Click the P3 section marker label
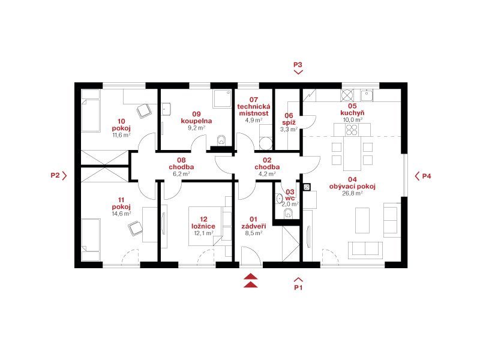coord(298,65)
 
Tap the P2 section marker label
coord(55,175)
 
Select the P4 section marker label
coord(427,176)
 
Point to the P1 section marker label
coord(298,287)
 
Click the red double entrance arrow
coord(251,280)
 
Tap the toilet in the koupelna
coord(221,141)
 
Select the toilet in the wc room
coord(289,214)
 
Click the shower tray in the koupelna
coord(223,98)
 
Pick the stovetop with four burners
coord(352,130)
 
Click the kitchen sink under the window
coord(367,95)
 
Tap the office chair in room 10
coord(143,111)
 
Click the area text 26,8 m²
coord(352,193)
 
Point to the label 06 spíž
coord(289,119)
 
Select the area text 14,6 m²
coord(121,214)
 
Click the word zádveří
coord(253,226)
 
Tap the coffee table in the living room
coord(362,220)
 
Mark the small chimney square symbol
coord(307,187)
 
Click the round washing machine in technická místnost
coord(266,143)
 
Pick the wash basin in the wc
coord(279,199)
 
